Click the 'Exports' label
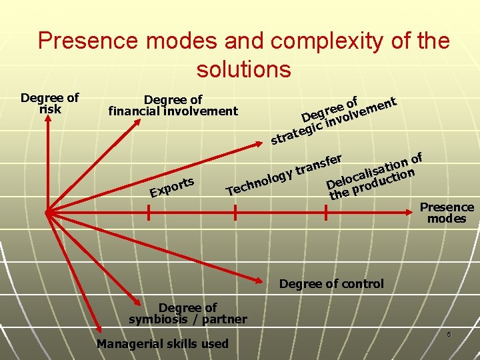click(x=172, y=187)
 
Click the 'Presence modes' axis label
click(x=447, y=213)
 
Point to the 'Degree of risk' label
click(x=49, y=103)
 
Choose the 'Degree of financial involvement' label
click(x=173, y=105)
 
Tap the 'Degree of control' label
click(x=331, y=284)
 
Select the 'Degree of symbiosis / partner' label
click(x=187, y=313)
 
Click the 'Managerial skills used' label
click(x=162, y=344)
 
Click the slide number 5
click(x=449, y=333)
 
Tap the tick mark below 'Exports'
click(x=148, y=213)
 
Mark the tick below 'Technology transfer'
click(x=235, y=213)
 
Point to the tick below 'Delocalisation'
click(x=325, y=213)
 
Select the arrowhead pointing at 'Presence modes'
click(x=413, y=213)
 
